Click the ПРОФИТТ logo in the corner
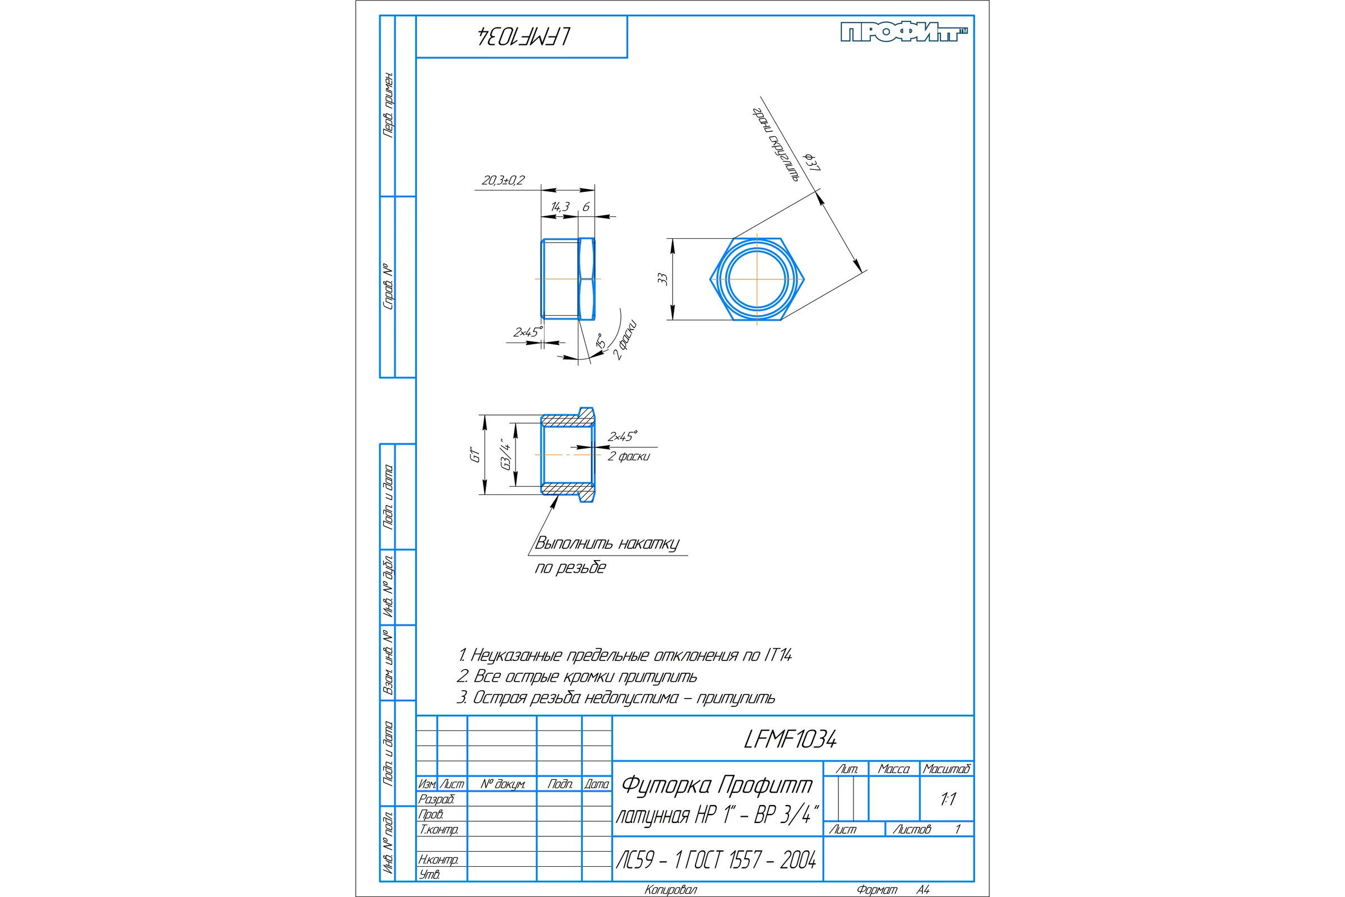pos(904,32)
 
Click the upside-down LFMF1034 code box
pos(522,36)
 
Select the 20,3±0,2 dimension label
pos(503,180)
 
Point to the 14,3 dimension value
pos(560,206)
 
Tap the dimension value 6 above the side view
pos(586,206)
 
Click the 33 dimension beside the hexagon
pos(662,279)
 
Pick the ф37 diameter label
pos(812,163)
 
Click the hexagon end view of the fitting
pos(757,279)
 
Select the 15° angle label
pos(600,340)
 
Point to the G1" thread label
pos(475,455)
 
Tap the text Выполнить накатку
pos(607,543)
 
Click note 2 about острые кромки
pos(577,676)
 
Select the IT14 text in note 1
pos(778,655)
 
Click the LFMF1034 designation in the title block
pos(790,739)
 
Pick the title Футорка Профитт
pos(717,785)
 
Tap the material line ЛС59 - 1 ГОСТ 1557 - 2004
pos(716,860)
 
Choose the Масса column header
pos(893,769)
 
